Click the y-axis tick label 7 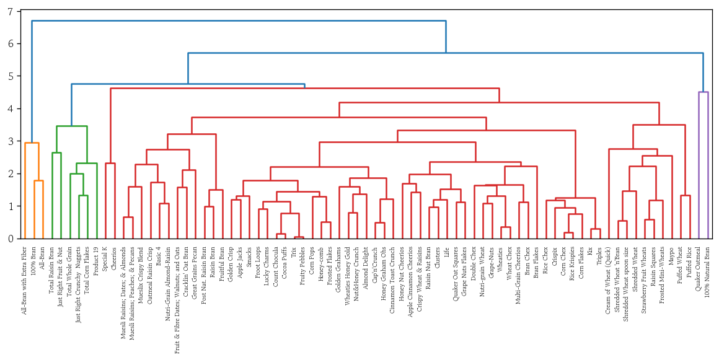pos(11,12)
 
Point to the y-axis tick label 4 pos(11,109)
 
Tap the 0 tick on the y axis pos(11,239)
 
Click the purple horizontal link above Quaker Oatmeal pos(703,92)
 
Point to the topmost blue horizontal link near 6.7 pos(239,21)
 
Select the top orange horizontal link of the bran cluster pos(32,143)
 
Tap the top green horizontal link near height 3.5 pos(71,126)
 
